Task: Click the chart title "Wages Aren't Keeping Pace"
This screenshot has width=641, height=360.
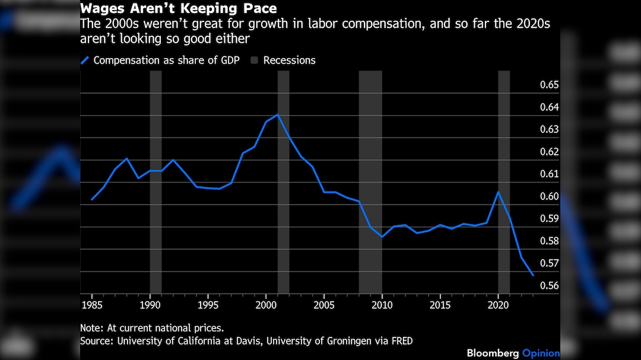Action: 179,9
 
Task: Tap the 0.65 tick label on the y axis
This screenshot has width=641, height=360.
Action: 549,85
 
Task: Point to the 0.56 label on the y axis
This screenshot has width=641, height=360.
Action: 549,286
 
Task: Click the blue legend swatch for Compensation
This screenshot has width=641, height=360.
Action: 85,60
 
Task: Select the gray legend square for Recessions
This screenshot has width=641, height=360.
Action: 254,60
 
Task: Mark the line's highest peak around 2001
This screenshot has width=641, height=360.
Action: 278,114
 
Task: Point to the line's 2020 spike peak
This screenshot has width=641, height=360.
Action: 499,192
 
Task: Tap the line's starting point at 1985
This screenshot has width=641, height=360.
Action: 91,200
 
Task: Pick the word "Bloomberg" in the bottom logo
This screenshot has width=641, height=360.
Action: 492,353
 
